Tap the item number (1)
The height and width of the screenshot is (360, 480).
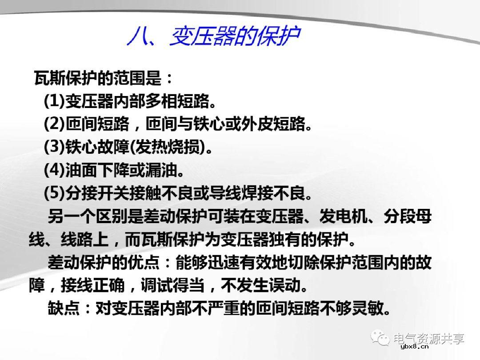click(54, 101)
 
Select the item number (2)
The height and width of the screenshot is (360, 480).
click(54, 124)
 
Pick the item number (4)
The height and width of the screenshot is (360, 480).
click(54, 169)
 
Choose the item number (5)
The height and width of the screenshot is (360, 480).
click(54, 192)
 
